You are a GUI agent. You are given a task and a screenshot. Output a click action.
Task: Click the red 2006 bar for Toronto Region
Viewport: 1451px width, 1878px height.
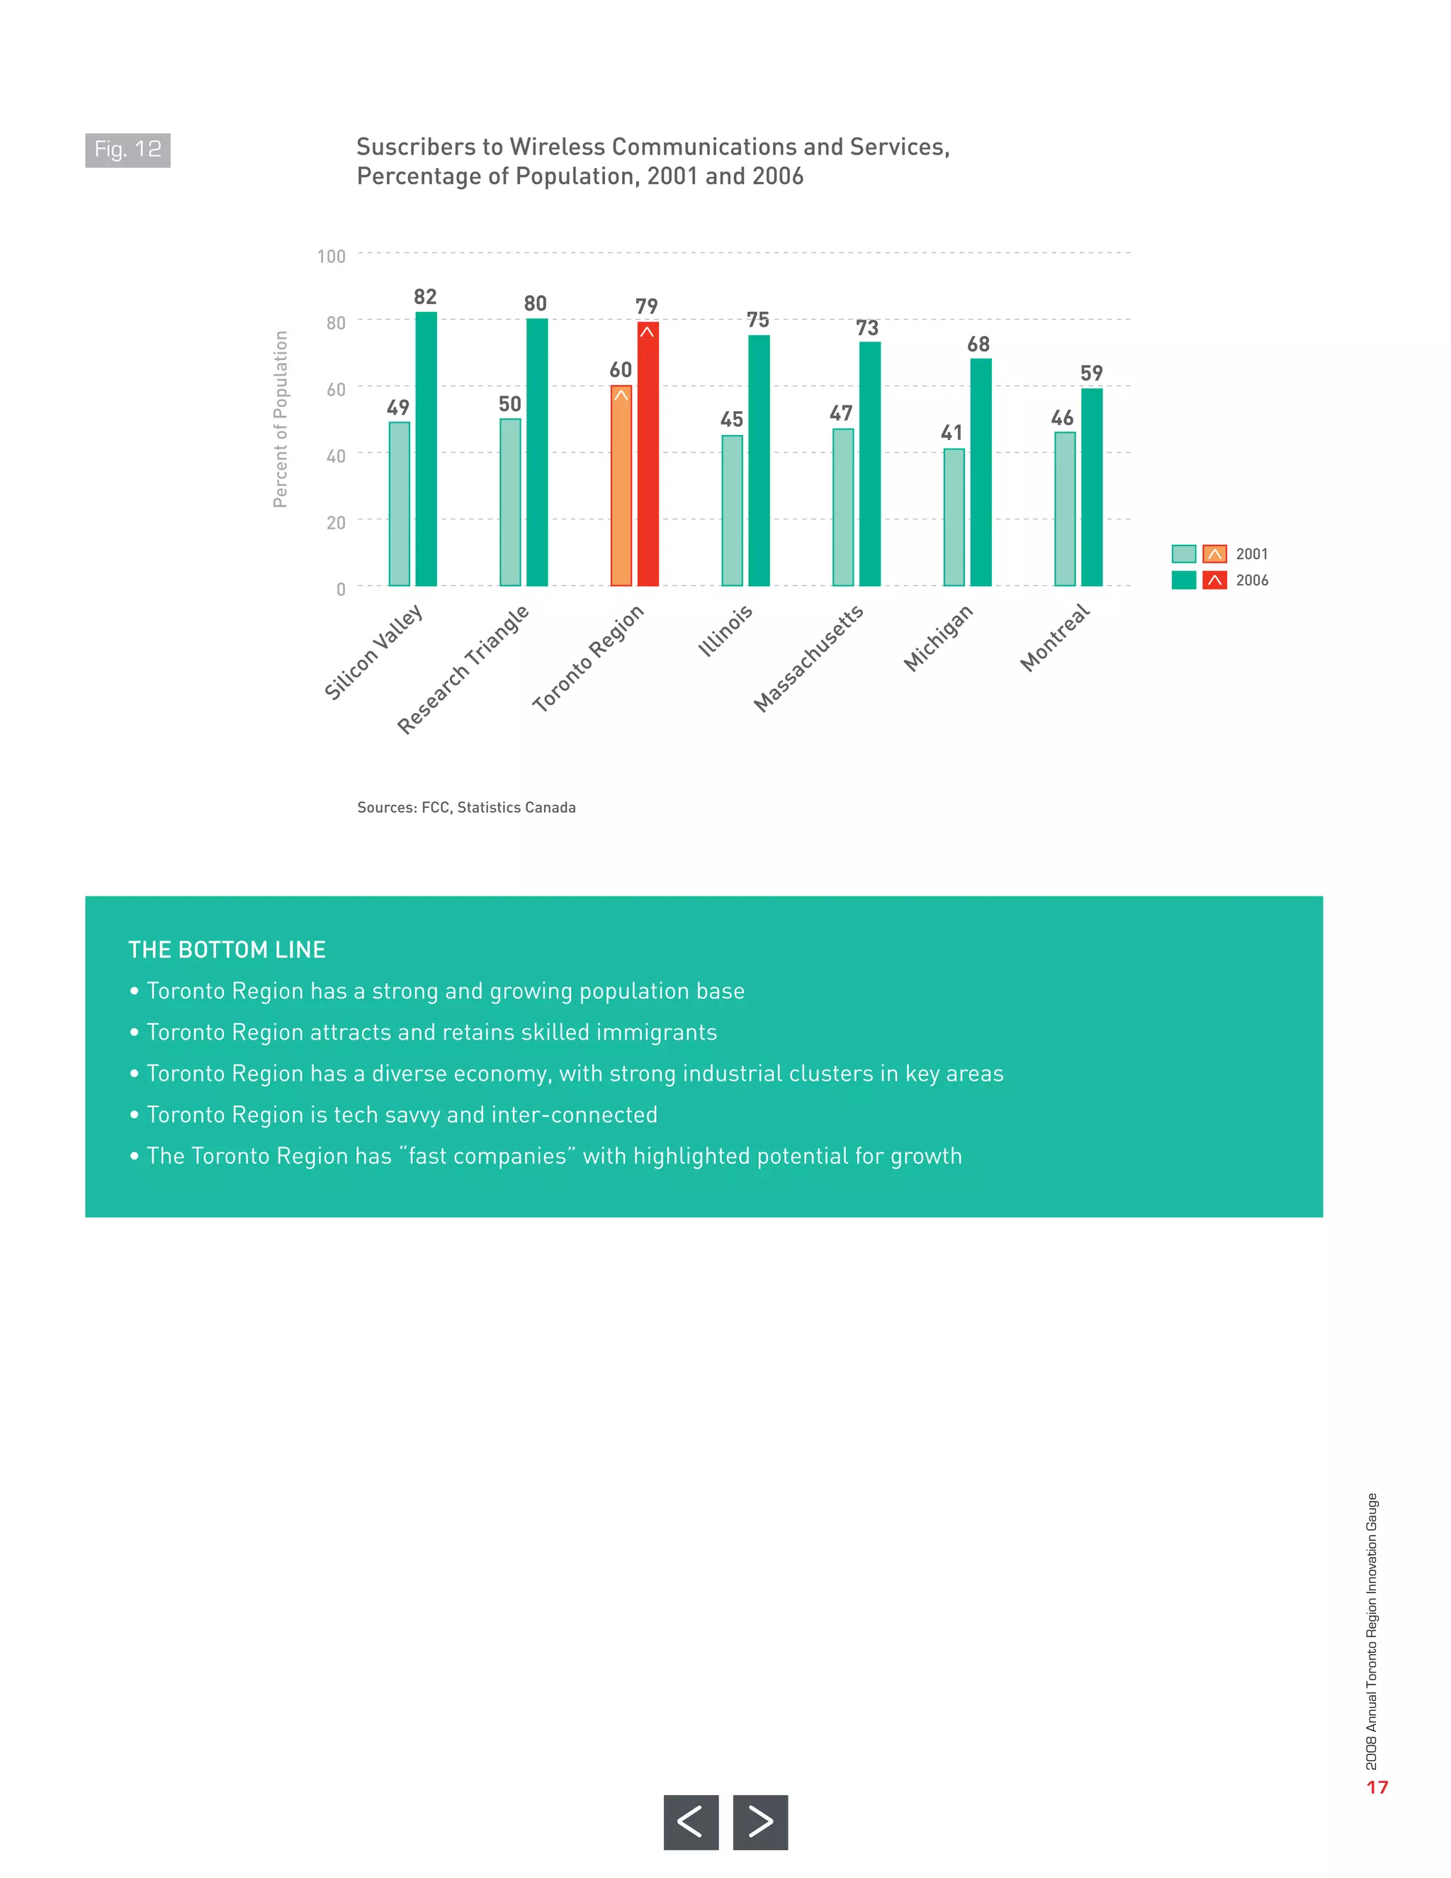(x=648, y=456)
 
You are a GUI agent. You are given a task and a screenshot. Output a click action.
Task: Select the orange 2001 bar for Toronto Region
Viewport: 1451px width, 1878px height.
(x=621, y=487)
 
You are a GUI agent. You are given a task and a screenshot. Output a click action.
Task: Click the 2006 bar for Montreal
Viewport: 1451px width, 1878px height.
(x=1091, y=488)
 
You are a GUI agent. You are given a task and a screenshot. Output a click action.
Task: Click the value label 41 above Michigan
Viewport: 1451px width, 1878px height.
(x=952, y=432)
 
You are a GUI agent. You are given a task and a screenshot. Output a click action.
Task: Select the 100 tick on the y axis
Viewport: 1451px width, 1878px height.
(x=331, y=257)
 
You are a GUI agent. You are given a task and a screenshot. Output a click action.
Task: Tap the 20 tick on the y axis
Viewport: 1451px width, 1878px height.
(x=335, y=522)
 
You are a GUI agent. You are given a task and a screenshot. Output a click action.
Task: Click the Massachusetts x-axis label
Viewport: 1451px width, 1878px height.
(x=808, y=658)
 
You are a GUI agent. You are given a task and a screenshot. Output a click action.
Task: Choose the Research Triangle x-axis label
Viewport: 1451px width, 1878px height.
(x=463, y=670)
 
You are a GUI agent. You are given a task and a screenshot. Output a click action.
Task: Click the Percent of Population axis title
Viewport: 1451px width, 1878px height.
(x=281, y=419)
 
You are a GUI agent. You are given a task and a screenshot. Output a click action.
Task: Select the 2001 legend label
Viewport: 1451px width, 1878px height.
(x=1252, y=553)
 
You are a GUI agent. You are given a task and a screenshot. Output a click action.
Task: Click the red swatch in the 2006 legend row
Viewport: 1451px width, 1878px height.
(x=1214, y=580)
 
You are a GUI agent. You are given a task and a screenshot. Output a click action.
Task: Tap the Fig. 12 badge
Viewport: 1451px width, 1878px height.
(x=128, y=150)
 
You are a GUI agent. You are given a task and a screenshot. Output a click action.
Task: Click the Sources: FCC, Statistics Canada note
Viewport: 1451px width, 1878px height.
(x=466, y=807)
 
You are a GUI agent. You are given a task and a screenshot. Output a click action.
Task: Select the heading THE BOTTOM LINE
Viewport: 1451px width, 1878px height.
(x=227, y=950)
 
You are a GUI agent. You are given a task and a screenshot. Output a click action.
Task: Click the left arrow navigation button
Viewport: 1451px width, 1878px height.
(x=690, y=1822)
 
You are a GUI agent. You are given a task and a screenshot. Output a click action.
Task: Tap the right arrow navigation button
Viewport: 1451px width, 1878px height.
(x=760, y=1822)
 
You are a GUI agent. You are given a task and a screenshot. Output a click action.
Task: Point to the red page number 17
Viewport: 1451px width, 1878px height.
(x=1377, y=1787)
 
